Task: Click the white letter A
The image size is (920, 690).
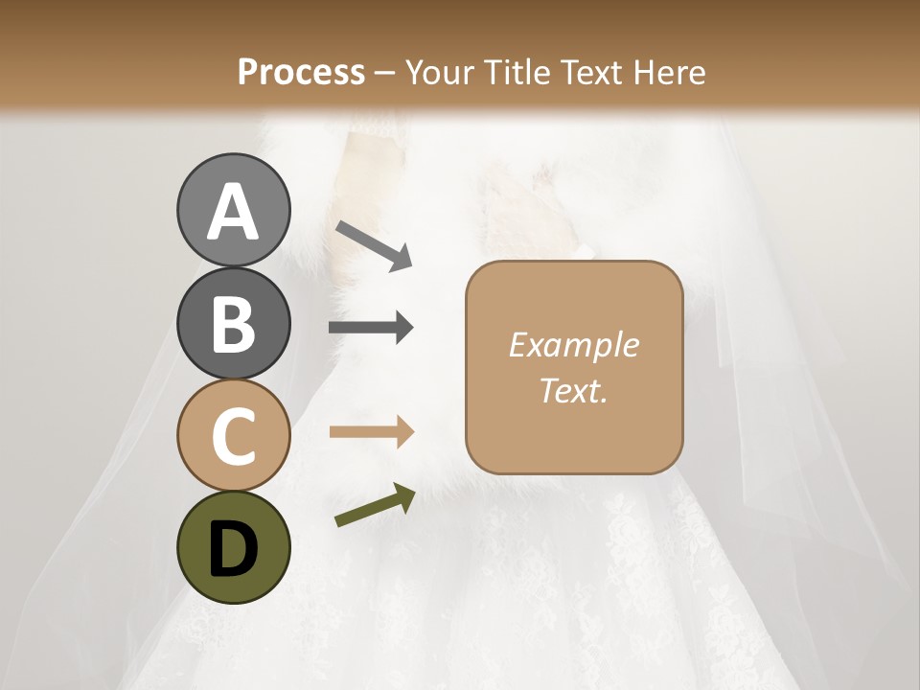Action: tap(233, 213)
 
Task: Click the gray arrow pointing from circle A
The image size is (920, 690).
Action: tap(373, 245)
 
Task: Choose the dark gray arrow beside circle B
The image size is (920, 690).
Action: tap(371, 329)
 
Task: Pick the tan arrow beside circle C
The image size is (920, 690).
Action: tap(371, 432)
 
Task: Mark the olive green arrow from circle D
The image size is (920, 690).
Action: tap(375, 506)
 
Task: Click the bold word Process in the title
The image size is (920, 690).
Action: tap(301, 73)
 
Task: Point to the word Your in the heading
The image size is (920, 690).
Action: tap(441, 73)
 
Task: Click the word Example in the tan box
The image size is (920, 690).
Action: tap(573, 345)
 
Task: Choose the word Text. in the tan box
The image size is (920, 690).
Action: tap(573, 390)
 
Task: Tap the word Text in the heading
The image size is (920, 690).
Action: tap(593, 73)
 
